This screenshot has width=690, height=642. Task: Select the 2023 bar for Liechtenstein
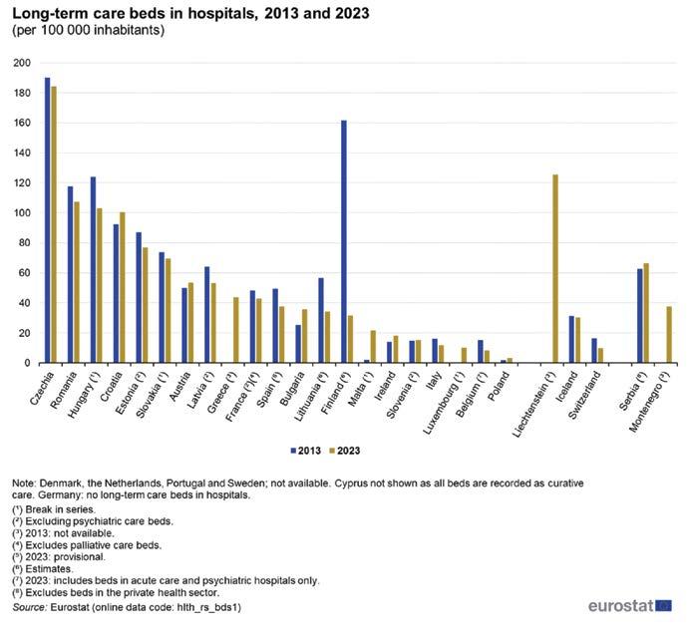(x=554, y=269)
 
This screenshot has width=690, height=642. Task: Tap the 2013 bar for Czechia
(x=47, y=220)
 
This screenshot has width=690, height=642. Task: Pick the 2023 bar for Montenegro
(x=668, y=335)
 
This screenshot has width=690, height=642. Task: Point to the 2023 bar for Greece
(x=235, y=330)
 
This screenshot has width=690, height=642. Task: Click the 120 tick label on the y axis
(x=22, y=183)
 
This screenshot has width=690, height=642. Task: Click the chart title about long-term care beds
(x=185, y=13)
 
